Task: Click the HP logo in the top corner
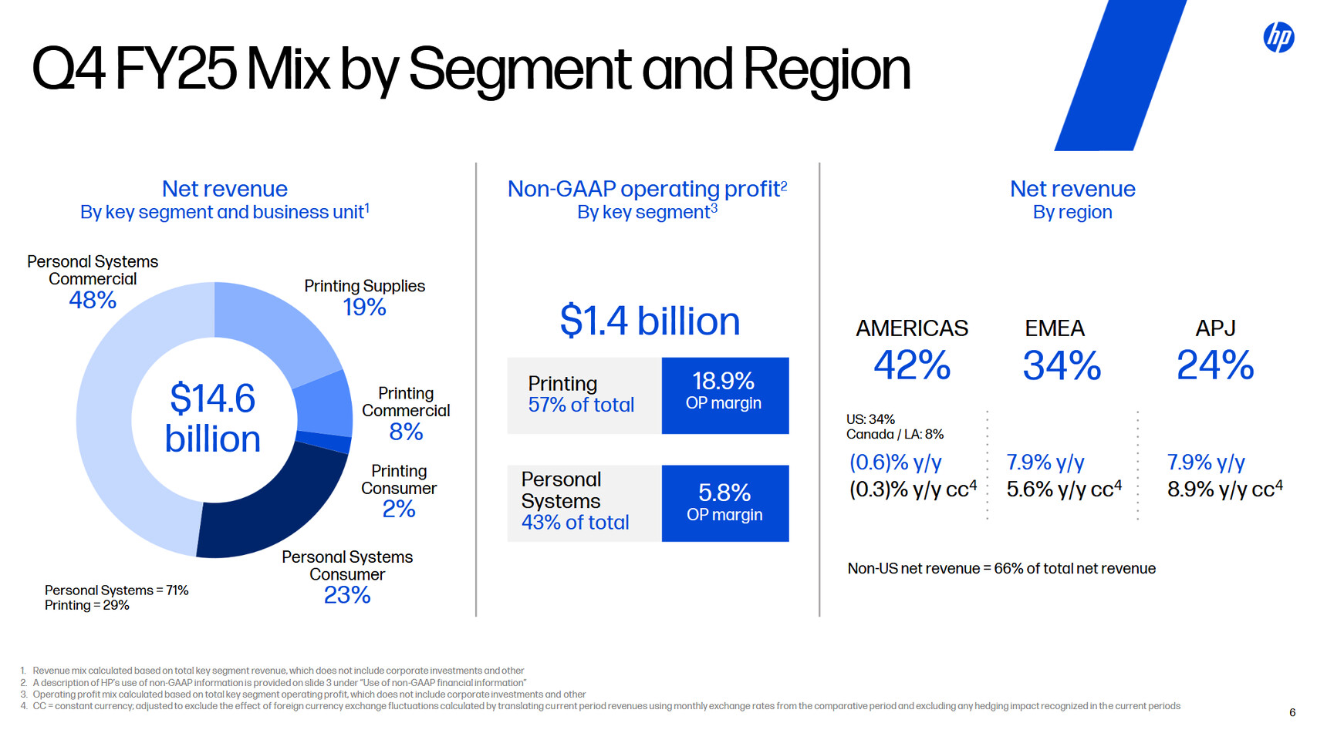coord(1278,37)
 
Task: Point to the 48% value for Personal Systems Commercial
coord(93,300)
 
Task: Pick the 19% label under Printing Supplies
coord(364,308)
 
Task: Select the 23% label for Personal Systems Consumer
coord(347,595)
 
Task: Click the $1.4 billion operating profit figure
coord(650,321)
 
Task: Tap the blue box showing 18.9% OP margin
coord(724,395)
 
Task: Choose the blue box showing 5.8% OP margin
coord(724,503)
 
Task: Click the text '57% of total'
coord(581,405)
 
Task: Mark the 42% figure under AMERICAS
coord(911,365)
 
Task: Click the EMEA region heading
coord(1054,328)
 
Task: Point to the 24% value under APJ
coord(1215,365)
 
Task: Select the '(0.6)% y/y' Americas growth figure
coord(896,462)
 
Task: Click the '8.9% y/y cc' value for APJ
coord(1224,489)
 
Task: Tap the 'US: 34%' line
coord(870,419)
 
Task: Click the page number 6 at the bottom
coord(1292,712)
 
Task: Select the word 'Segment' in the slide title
coord(519,69)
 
